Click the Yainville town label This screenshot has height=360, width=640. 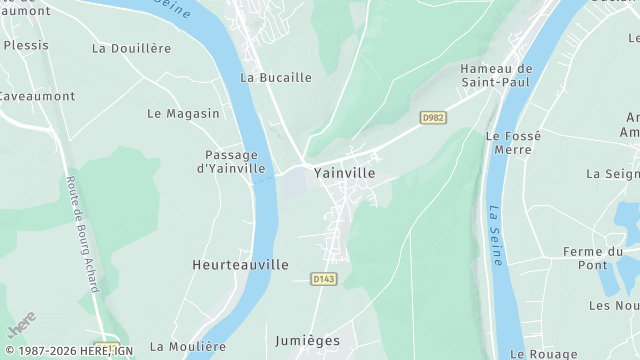pos(344,173)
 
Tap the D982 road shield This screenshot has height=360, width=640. pos(433,118)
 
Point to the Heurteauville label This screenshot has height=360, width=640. pos(240,265)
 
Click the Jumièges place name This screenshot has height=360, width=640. pos(307,341)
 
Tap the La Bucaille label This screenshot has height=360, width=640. pos(276,77)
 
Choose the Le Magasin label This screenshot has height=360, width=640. pos(183,114)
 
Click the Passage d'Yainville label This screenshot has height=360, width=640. pos(231,162)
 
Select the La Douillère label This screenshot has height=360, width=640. pos(131,48)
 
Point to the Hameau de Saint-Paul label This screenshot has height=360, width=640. pos(496,76)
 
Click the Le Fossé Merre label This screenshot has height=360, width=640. pos(513,142)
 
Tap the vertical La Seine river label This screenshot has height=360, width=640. pos(495,235)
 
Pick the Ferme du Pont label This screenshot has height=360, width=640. pos(592,258)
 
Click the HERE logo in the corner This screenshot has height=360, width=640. pos(19,325)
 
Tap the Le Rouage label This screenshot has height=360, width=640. pos(543,354)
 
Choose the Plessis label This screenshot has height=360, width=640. pos(25,46)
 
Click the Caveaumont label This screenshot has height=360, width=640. pos(37,96)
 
